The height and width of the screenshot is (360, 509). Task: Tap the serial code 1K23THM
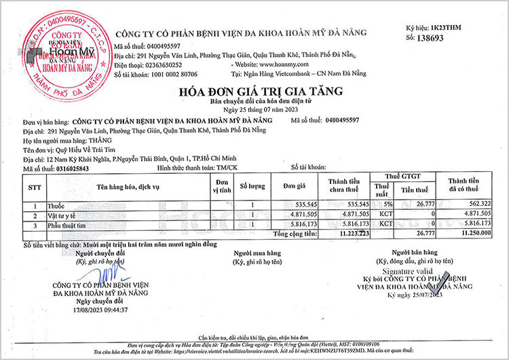[447, 27]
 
